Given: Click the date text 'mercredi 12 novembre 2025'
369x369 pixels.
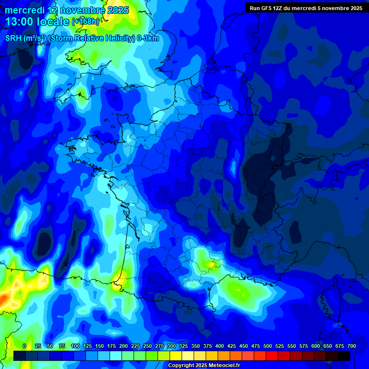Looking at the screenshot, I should pyautogui.click(x=67, y=10).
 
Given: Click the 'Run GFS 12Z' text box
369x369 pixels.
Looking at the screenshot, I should pyautogui.click(x=306, y=8).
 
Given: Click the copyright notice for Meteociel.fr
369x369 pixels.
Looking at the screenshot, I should pyautogui.click(x=204, y=366).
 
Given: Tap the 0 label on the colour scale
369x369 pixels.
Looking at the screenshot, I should pyautogui.click(x=25, y=346).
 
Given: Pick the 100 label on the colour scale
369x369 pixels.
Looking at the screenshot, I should pyautogui.click(x=75, y=346).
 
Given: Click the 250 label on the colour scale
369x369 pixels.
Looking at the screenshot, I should pyautogui.click(x=148, y=346).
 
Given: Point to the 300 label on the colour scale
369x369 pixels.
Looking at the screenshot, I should pyautogui.click(x=172, y=346).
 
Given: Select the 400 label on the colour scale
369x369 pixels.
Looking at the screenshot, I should pyautogui.click(x=220, y=346).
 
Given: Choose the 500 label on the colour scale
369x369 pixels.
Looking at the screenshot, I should pyautogui.click(x=268, y=346).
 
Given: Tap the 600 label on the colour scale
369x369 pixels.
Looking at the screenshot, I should pyautogui.click(x=316, y=346).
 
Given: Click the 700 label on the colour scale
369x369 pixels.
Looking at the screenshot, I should pyautogui.click(x=352, y=346).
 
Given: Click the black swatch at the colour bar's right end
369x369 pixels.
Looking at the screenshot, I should pyautogui.click(x=344, y=356).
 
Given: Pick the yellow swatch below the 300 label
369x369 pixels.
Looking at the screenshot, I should pyautogui.click(x=176, y=356).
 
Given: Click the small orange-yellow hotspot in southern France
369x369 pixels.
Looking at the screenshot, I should pyautogui.click(x=210, y=264).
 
